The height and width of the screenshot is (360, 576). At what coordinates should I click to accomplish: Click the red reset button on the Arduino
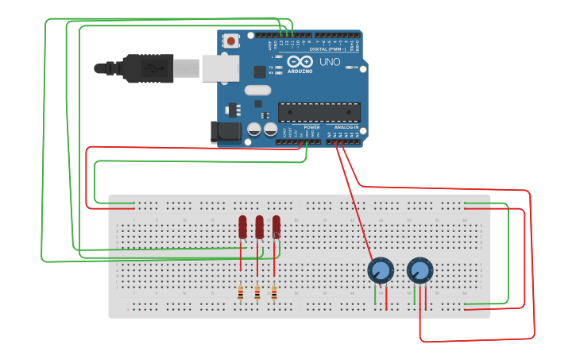230,41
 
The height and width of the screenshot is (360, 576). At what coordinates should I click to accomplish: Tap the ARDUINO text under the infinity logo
300,71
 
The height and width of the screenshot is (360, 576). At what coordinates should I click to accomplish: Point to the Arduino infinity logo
300,61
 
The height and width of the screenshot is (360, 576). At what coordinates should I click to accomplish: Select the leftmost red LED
242,227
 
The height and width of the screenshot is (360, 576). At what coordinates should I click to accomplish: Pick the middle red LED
259,227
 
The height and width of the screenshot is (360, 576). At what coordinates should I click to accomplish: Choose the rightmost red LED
276,227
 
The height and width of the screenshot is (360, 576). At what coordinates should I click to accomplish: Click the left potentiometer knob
381,271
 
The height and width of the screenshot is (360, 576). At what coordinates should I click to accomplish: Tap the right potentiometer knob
419,271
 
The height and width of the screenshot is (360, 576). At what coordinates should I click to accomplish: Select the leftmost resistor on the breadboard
241,294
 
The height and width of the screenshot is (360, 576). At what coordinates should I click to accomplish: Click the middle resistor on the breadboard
257,294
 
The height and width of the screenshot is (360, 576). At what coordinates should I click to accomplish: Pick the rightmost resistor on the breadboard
274,294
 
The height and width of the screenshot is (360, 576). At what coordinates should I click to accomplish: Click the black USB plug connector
148,68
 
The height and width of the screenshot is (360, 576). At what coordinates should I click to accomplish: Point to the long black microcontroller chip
319,112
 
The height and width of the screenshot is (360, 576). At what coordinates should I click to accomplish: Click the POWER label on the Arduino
311,127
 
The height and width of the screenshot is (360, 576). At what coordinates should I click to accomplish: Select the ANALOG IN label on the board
346,127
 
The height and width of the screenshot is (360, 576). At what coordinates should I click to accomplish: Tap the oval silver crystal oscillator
257,91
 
